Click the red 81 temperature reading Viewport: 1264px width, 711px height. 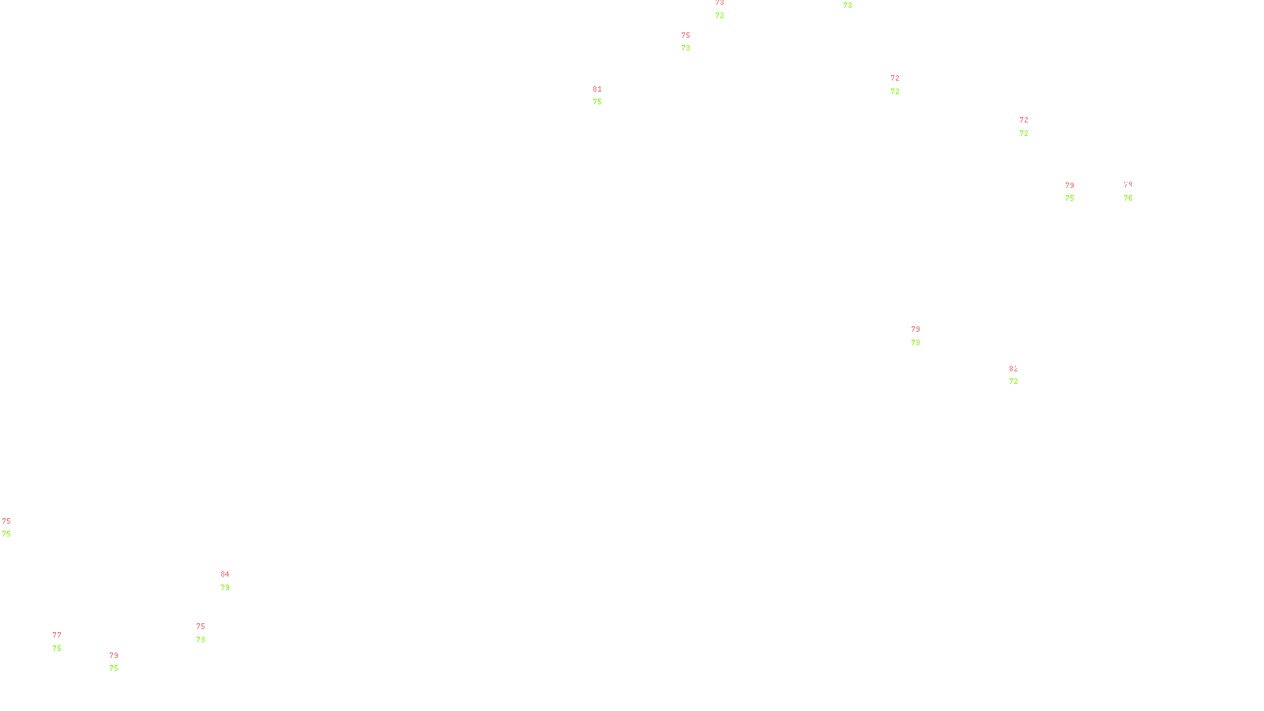point(597,89)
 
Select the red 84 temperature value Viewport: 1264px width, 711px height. point(225,574)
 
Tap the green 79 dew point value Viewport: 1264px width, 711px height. point(225,588)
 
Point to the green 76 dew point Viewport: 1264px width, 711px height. point(1128,198)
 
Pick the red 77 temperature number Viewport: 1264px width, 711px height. point(57,635)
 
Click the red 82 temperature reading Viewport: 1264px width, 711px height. point(1013,369)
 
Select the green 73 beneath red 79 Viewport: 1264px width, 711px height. point(916,343)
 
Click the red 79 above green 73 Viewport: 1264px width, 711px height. point(916,329)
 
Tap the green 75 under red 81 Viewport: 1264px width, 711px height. point(597,102)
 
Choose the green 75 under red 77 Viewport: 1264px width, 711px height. point(57,649)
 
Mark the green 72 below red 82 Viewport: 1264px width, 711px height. point(1014,382)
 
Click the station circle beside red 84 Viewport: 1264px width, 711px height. point(233,581)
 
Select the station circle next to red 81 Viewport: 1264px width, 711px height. point(605,96)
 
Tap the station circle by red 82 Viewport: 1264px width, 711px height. point(1021,376)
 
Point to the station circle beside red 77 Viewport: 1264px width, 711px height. point(65,641)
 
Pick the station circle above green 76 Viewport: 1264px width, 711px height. point(1135,191)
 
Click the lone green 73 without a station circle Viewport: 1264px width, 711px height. point(848,6)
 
